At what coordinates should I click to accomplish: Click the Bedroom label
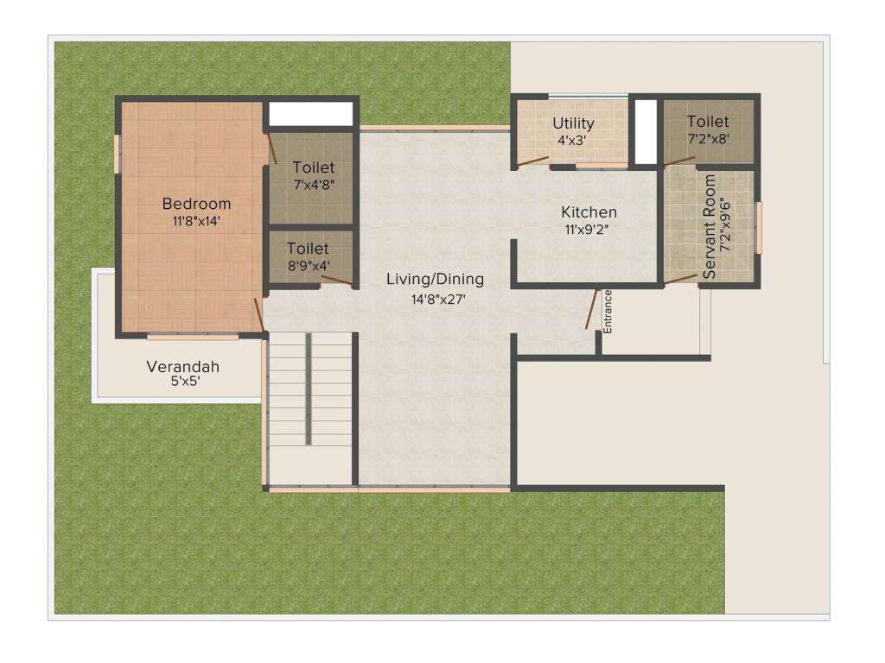click(x=197, y=204)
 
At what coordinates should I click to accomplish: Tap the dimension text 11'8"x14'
click(x=197, y=221)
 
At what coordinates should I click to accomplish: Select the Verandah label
click(x=182, y=366)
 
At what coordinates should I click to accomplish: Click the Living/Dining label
click(x=435, y=279)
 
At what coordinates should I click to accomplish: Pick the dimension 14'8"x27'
click(x=435, y=299)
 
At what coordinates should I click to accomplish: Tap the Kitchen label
click(x=589, y=212)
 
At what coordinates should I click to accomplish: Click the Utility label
click(x=573, y=123)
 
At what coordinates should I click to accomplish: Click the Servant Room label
click(x=710, y=226)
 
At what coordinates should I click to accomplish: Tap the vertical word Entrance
click(x=608, y=312)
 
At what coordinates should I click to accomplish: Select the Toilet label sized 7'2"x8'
click(x=708, y=122)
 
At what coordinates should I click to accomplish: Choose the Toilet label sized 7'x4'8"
click(x=313, y=167)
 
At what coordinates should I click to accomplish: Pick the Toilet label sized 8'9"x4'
click(x=308, y=249)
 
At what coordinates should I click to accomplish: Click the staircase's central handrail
click(x=308, y=388)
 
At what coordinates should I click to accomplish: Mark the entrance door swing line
click(x=592, y=308)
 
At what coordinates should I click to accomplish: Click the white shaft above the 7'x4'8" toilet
click(x=311, y=114)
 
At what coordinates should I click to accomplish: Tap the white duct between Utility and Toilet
click(x=646, y=131)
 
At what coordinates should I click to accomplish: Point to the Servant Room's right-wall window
click(x=759, y=228)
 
